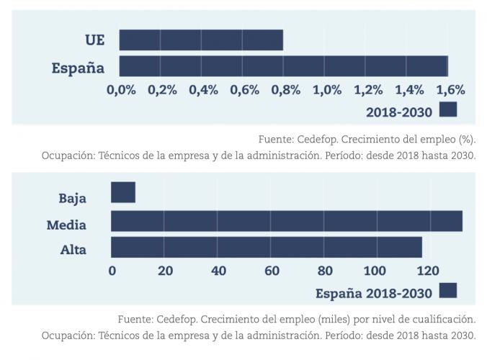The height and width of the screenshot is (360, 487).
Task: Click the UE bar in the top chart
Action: pos(201,40)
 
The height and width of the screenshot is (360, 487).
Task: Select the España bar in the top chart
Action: pos(283,66)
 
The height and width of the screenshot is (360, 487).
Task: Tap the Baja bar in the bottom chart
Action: pos(123,193)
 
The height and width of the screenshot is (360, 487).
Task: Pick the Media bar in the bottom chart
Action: pos(287,221)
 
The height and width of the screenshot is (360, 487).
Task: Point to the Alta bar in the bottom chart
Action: pos(267,247)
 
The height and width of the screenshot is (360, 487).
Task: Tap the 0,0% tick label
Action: pos(121,90)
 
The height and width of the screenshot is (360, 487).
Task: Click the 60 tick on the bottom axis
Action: pos(272,271)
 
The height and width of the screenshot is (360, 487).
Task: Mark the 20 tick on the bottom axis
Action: pos(165,271)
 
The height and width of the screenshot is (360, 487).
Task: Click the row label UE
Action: pos(94,40)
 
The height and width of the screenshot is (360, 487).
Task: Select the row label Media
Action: pos(66,225)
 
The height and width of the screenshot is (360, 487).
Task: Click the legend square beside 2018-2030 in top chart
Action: pos(448,109)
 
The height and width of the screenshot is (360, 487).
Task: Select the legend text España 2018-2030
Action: pos(374,293)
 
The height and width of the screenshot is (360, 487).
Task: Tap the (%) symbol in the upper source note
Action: pos(467,138)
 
